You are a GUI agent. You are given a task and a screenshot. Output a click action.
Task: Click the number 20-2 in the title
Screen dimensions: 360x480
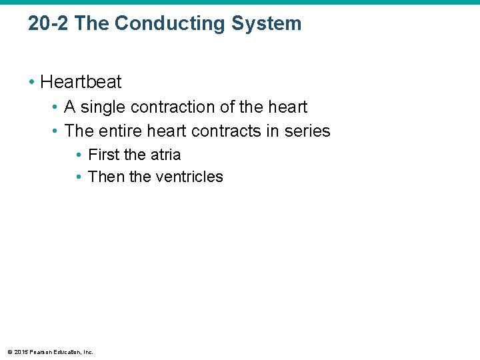[x=49, y=23]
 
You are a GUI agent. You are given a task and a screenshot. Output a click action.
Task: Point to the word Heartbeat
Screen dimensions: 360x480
[x=81, y=82]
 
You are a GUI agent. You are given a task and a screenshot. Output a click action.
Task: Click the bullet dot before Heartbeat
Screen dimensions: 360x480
[x=31, y=82]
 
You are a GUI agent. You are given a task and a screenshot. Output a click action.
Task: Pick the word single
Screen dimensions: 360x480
[x=101, y=107]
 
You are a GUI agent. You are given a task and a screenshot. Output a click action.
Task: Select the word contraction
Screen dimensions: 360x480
[x=169, y=107]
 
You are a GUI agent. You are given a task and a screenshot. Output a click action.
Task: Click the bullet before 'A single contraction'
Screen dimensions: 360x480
[x=55, y=107]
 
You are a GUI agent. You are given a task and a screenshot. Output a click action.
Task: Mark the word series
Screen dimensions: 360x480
[x=307, y=131]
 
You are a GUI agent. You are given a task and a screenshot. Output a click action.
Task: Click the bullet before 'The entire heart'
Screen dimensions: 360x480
[x=55, y=131]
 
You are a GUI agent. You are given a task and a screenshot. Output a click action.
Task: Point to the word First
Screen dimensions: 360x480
[x=103, y=155]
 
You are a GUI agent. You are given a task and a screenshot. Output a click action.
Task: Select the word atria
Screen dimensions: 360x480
[x=164, y=155]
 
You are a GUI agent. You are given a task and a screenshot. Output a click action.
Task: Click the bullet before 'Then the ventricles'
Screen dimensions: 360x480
[x=79, y=177]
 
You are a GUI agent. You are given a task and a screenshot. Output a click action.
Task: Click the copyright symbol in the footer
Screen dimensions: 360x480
[x=9, y=352]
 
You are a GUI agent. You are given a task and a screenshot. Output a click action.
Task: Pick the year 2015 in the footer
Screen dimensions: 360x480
[x=20, y=352]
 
